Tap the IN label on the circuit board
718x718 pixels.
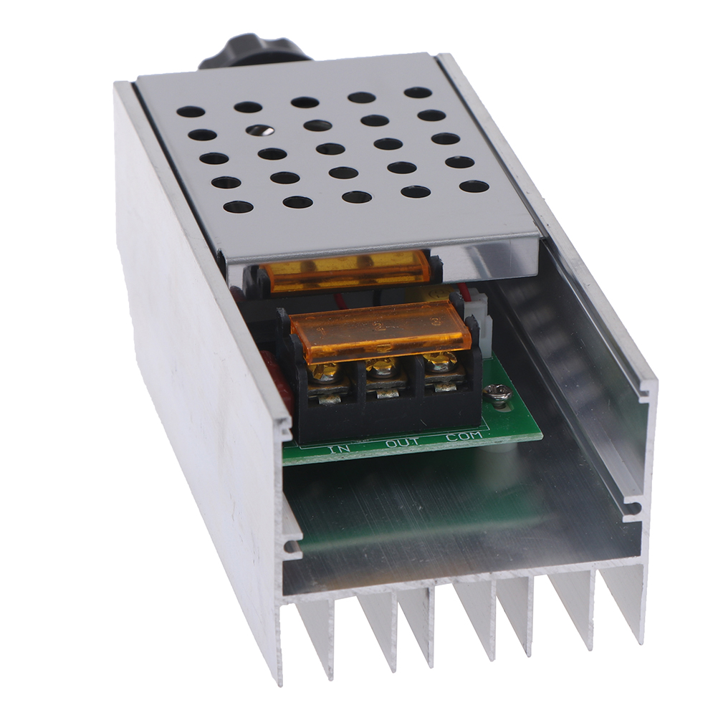(x=340, y=447)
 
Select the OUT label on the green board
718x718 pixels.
(x=403, y=441)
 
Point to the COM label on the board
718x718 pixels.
(x=464, y=436)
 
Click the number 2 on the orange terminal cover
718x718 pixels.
(x=379, y=326)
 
